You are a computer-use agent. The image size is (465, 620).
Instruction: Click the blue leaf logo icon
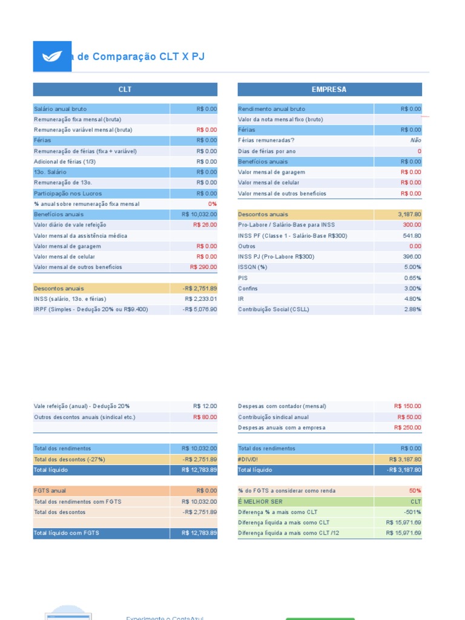[52, 56]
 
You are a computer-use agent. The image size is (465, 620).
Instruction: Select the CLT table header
[125, 90]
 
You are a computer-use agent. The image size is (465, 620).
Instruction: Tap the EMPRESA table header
[329, 90]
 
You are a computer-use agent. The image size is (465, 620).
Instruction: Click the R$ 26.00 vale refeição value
[205, 225]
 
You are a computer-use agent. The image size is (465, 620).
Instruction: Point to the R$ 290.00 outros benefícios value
[203, 267]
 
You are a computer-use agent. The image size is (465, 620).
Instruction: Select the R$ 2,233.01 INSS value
[200, 299]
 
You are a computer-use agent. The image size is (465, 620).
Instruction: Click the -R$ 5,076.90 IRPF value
[199, 309]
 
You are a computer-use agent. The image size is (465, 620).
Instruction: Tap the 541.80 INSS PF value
[411, 236]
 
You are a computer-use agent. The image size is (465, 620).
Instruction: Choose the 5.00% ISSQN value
[412, 267]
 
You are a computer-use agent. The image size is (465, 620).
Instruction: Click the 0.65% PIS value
[412, 278]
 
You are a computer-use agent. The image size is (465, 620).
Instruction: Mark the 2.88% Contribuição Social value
[412, 309]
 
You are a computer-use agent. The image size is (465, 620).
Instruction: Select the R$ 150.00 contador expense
[407, 406]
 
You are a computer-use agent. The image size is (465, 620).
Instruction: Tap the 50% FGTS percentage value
[415, 491]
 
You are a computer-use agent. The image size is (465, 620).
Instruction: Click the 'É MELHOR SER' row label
[260, 502]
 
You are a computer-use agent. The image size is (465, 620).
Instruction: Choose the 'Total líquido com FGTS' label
[67, 533]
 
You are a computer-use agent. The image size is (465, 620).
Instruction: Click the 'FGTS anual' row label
[50, 491]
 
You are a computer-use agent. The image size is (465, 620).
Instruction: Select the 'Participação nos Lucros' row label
[67, 193]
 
